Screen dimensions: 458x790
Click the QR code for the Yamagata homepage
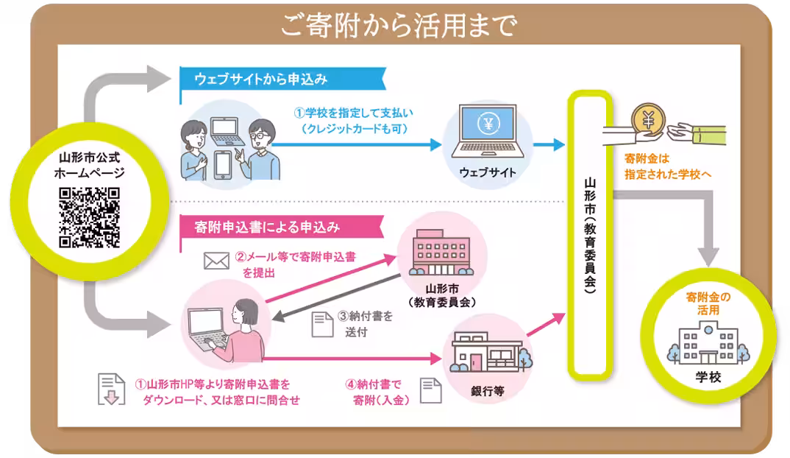coord(89,218)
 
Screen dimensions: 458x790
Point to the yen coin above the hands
coord(648,119)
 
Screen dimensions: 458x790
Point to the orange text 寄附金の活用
coord(708,304)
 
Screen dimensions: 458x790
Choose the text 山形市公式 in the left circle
coord(89,158)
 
